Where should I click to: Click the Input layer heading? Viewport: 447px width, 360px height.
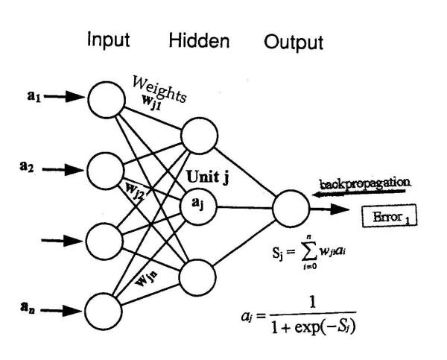pyautogui.click(x=108, y=40)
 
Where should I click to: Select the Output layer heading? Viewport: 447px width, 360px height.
pyautogui.click(x=294, y=42)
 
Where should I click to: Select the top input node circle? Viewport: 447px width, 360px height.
pyautogui.click(x=107, y=97)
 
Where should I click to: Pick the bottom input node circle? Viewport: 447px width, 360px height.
pyautogui.click(x=107, y=307)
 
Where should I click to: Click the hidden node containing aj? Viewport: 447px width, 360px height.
pyautogui.click(x=199, y=206)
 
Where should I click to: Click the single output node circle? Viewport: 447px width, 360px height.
pyautogui.click(x=291, y=209)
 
